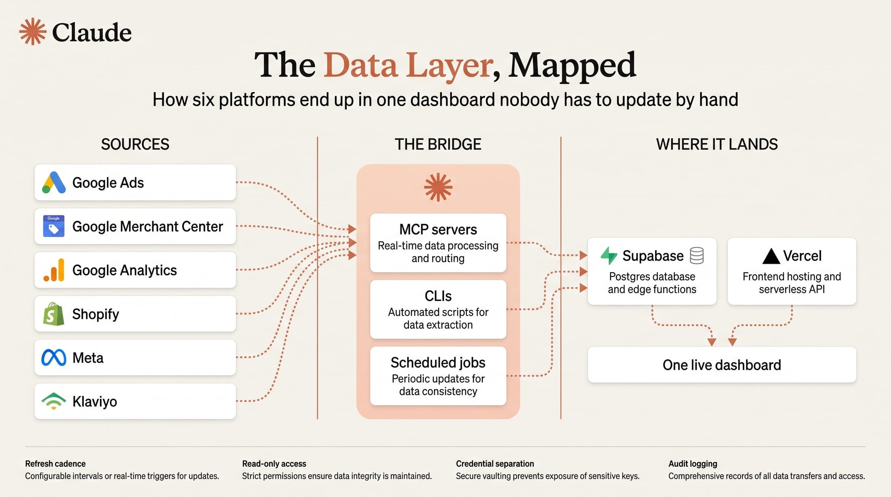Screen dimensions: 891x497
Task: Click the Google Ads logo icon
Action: pyautogui.click(x=54, y=183)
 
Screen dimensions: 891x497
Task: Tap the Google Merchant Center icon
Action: pyautogui.click(x=54, y=226)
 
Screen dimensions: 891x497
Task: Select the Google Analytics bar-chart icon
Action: pyautogui.click(x=54, y=270)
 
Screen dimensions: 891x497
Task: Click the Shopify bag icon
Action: pyautogui.click(x=54, y=314)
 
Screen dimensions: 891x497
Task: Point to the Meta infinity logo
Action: pyautogui.click(x=54, y=357)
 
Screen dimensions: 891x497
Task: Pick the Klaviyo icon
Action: pyautogui.click(x=54, y=401)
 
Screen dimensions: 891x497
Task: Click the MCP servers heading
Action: pyautogui.click(x=438, y=229)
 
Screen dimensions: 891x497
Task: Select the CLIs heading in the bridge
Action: pyautogui.click(x=438, y=296)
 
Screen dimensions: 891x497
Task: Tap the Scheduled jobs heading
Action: pyautogui.click(x=438, y=363)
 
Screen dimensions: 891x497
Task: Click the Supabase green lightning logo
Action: pyautogui.click(x=609, y=255)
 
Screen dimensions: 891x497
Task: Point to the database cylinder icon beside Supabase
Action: pyautogui.click(x=697, y=255)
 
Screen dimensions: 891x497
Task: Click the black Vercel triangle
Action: pyautogui.click(x=771, y=256)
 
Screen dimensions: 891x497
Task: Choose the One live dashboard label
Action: pyautogui.click(x=722, y=365)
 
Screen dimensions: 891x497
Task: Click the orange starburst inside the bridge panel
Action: pyautogui.click(x=438, y=187)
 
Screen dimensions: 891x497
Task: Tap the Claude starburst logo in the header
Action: pyautogui.click(x=33, y=32)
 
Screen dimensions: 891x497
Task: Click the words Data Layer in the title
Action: pyautogui.click(x=408, y=65)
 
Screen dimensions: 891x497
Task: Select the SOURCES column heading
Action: pyautogui.click(x=135, y=144)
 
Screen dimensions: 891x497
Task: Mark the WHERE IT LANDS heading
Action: pyautogui.click(x=717, y=144)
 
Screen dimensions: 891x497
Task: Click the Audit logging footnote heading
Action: pyautogui.click(x=693, y=464)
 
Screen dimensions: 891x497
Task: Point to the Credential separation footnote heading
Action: pyautogui.click(x=495, y=464)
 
